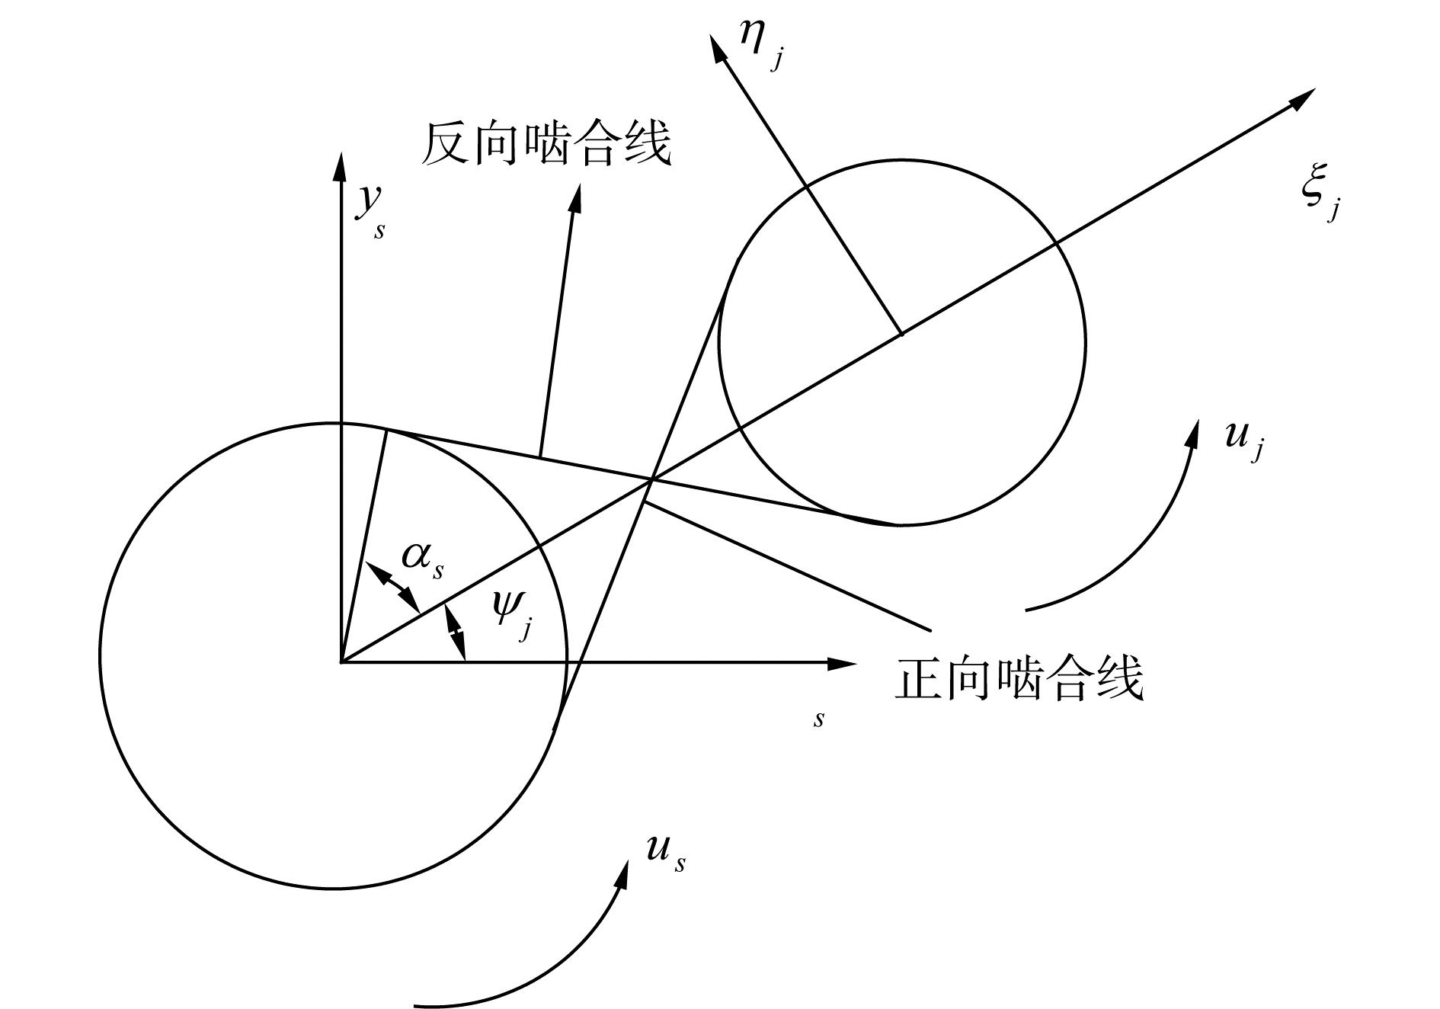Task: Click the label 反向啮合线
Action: (x=546, y=143)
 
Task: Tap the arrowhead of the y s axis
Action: (x=339, y=165)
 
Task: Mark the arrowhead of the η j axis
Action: (x=717, y=47)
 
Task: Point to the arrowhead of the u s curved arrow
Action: (x=624, y=873)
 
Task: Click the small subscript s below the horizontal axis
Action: (x=818, y=719)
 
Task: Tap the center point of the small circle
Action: (x=902, y=334)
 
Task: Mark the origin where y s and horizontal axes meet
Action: (x=340, y=662)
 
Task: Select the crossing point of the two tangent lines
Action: (x=652, y=479)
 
